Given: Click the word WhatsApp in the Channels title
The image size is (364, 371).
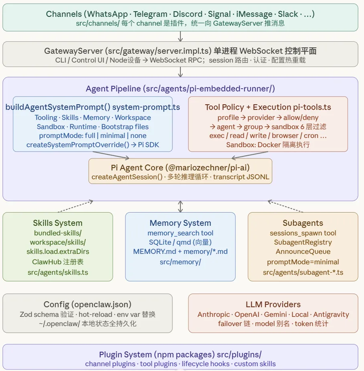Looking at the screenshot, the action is click(x=107, y=14).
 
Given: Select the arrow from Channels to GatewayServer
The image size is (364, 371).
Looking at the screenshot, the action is click(x=180, y=36).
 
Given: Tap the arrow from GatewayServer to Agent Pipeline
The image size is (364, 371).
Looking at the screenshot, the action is click(x=180, y=72).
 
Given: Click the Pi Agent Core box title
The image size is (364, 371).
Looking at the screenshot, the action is click(x=180, y=167).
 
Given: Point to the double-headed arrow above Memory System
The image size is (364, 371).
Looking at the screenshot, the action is click(x=180, y=207).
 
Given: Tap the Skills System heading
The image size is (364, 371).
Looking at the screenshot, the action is click(x=58, y=223).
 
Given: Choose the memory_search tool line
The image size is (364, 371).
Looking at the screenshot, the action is click(x=180, y=233).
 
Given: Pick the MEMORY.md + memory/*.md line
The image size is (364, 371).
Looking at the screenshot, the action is click(x=180, y=251).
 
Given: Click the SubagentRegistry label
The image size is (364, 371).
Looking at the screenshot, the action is click(x=303, y=242).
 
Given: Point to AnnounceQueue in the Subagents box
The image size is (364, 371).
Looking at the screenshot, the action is click(x=303, y=252).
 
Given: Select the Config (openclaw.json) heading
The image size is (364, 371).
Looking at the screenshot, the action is click(x=87, y=304).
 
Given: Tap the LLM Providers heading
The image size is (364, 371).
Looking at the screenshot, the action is click(x=273, y=304).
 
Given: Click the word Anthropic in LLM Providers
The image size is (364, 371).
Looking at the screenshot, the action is click(x=213, y=314).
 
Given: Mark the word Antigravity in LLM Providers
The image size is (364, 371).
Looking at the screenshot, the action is click(x=331, y=314).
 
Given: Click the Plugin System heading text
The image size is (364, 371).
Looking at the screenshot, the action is click(x=180, y=355).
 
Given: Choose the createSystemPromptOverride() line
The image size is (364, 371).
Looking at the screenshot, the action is click(x=93, y=145).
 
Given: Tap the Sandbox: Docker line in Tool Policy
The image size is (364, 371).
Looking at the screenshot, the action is click(x=268, y=145).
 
